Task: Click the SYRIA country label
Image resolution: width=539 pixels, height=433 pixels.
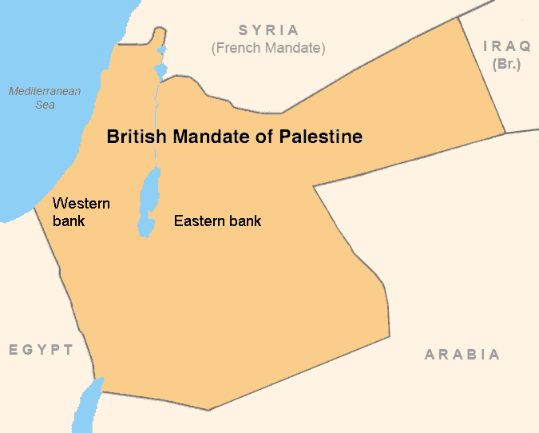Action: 268,31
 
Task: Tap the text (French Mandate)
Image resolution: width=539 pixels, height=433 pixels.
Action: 268,48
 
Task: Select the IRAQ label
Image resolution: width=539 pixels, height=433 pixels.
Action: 507,46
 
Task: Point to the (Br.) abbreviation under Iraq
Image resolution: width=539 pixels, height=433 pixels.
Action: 507,63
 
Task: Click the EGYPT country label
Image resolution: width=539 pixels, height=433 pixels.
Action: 42,350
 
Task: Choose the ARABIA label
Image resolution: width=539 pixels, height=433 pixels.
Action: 462,355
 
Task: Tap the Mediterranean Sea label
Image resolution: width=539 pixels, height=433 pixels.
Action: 45,98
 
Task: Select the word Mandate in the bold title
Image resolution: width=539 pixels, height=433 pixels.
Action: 215,137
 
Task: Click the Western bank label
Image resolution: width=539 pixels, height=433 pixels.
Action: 81,211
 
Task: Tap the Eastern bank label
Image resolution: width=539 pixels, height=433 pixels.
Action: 217,220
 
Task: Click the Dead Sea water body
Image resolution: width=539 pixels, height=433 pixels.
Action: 148,204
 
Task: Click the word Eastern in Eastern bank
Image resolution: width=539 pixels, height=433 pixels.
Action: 200,220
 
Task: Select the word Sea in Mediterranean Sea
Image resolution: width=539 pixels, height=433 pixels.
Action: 45,105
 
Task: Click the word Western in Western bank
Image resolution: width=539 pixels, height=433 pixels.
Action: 81,203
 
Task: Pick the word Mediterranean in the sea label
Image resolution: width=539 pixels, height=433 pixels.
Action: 45,91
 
